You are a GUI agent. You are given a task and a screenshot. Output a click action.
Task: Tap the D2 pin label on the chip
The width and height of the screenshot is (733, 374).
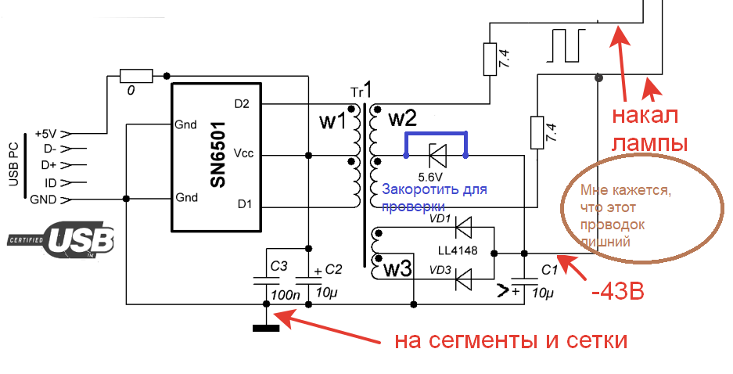click(x=243, y=102)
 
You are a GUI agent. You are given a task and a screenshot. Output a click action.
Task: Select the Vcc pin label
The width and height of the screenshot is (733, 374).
click(x=243, y=153)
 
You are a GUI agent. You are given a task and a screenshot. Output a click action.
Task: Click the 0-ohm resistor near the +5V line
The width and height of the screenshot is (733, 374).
click(x=131, y=76)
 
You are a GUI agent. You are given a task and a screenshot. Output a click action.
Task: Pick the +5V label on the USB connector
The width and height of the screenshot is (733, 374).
click(x=45, y=133)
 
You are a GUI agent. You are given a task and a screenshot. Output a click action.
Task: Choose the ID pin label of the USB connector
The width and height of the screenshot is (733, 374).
click(x=50, y=182)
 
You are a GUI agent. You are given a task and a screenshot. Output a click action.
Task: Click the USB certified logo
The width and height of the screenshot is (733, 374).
click(x=62, y=240)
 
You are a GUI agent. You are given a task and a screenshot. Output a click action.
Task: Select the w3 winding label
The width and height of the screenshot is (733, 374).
click(x=397, y=270)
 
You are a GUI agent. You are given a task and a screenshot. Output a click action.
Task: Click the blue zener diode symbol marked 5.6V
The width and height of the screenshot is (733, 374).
click(x=436, y=156)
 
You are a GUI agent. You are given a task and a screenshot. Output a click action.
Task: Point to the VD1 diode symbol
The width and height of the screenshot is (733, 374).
click(x=464, y=228)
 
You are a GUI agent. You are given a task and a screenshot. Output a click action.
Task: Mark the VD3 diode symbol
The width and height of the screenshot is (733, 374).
click(x=464, y=278)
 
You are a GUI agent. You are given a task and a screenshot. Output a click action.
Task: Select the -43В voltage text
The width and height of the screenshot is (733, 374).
click(x=618, y=293)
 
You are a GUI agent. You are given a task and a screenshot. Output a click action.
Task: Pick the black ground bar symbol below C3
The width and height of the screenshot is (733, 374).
click(x=266, y=326)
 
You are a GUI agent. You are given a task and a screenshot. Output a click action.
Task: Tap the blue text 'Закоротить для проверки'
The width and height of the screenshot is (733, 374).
click(x=434, y=199)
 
